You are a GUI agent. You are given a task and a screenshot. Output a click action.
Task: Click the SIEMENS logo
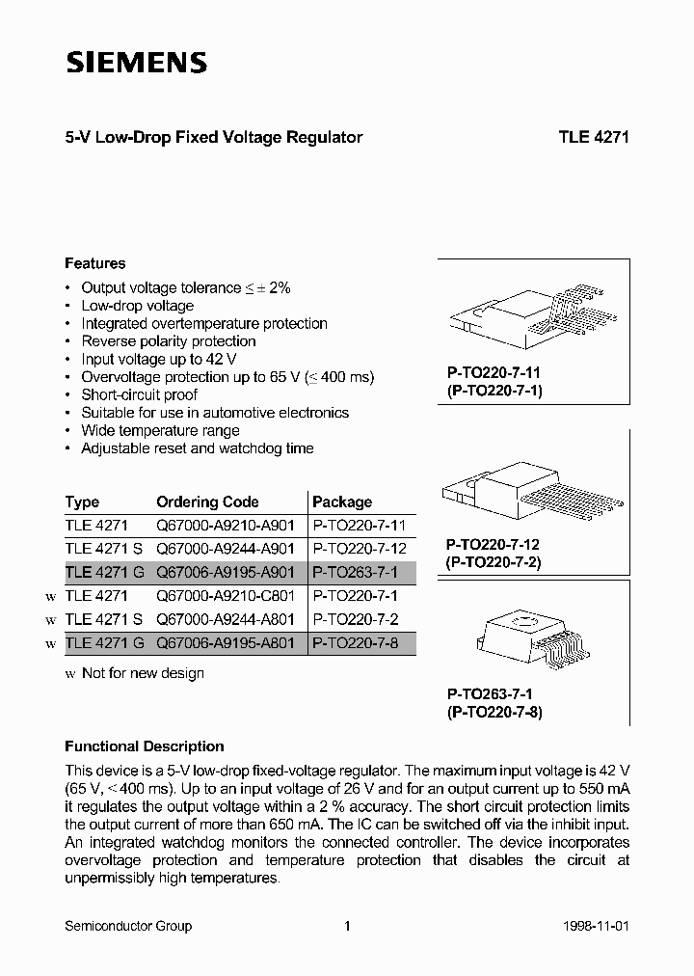tap(136, 64)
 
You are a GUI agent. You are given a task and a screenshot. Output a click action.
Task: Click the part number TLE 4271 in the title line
tap(593, 137)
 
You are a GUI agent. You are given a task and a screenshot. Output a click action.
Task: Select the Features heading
tap(94, 263)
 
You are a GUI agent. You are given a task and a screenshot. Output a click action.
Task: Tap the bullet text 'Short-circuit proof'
tap(139, 394)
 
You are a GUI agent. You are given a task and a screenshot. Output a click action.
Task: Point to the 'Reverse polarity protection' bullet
tap(168, 341)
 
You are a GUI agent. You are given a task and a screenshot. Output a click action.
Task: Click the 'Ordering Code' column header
tap(207, 502)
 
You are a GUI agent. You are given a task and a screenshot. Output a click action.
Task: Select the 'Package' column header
tap(342, 502)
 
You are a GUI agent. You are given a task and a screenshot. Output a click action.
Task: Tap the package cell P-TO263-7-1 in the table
tap(356, 573)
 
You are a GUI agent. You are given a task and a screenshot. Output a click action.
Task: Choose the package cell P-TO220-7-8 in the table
tap(356, 643)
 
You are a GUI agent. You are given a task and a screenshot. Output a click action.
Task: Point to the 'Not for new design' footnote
tap(142, 673)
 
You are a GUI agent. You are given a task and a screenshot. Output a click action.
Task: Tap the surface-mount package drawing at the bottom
tap(534, 638)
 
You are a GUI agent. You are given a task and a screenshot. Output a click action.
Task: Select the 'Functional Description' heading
tap(144, 746)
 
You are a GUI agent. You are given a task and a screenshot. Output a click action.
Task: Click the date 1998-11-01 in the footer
tap(596, 926)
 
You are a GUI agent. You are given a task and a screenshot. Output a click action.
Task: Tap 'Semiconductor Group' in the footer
tap(128, 926)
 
